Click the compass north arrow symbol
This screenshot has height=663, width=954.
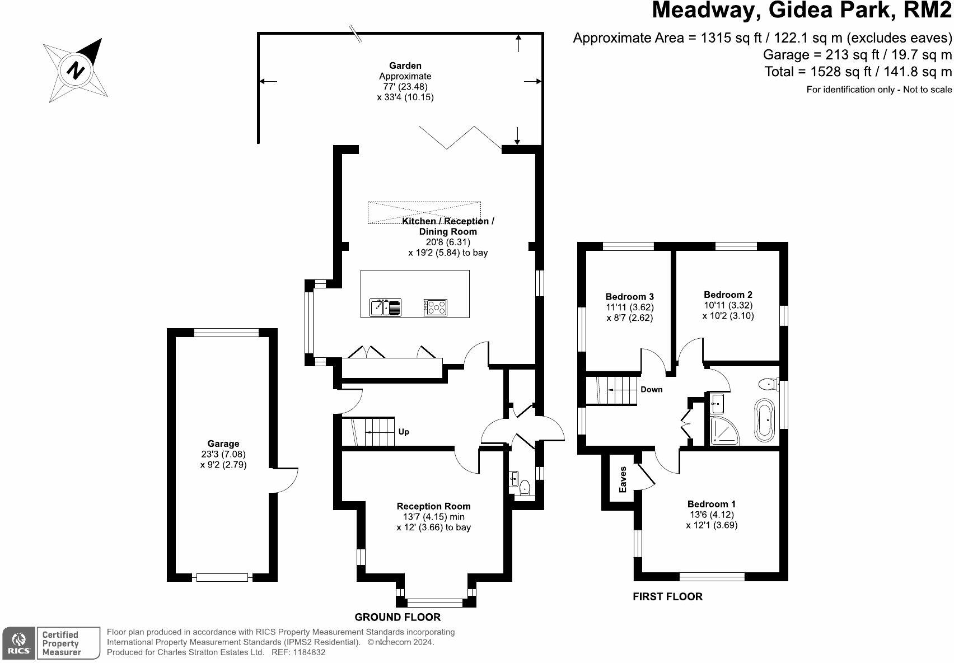point(76,69)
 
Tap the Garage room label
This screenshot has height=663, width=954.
point(223,444)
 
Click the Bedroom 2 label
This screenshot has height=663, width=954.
point(728,295)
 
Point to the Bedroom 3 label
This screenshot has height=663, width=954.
point(630,297)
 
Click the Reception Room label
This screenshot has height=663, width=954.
point(433,506)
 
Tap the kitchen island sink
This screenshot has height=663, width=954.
point(385,307)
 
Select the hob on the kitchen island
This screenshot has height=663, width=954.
point(436,307)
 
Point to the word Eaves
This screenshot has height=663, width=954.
point(623,480)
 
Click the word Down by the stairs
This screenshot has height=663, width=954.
point(652,390)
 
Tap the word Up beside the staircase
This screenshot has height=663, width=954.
point(404,432)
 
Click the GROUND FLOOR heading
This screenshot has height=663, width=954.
point(397,617)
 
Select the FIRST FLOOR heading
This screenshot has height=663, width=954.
point(667,597)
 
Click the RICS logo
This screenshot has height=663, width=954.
point(19,643)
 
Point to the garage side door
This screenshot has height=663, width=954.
point(286,479)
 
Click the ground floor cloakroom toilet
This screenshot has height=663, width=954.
point(525,487)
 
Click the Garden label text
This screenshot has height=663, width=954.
point(405,66)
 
